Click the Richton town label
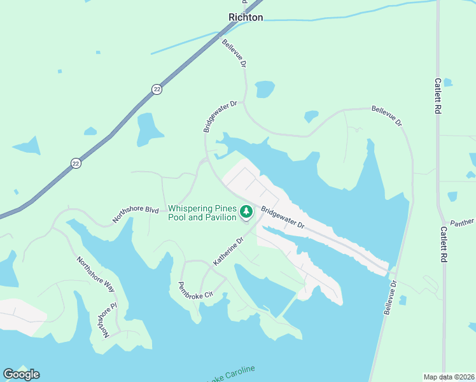[x=246, y=17]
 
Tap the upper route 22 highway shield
[x=157, y=90]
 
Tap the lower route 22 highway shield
[x=76, y=162]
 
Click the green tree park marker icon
[x=246, y=211]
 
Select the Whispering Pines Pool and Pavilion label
[x=202, y=213]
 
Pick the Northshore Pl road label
[x=103, y=319]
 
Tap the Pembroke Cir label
[x=194, y=293]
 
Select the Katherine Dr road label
[x=228, y=251]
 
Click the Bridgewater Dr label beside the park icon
[x=283, y=219]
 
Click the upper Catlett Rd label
[x=437, y=96]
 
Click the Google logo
[x=22, y=374]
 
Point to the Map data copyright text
[x=449, y=377]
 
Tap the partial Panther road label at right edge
[x=462, y=222]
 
